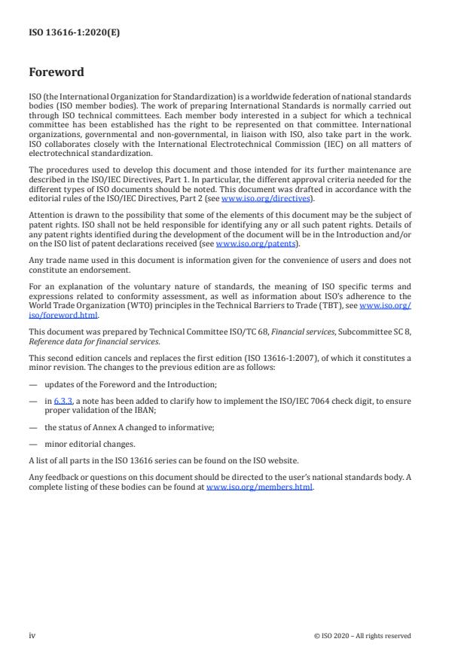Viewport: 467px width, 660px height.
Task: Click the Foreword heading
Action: click(x=56, y=73)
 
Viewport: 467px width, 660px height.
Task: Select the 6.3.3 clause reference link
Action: click(x=63, y=401)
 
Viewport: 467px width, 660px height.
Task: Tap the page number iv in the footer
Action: click(x=32, y=635)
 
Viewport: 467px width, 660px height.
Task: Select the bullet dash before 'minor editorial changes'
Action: click(x=33, y=444)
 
